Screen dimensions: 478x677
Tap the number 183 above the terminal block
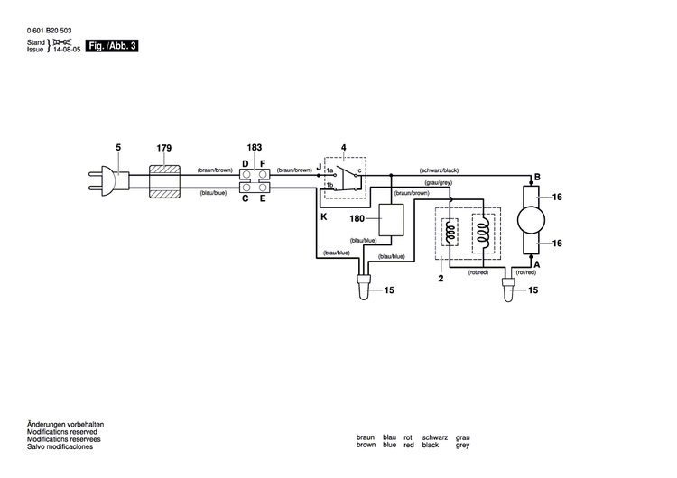[254, 147]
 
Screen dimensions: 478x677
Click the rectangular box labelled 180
[391, 220]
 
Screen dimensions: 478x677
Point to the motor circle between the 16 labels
[529, 219]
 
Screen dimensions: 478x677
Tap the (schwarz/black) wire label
[440, 170]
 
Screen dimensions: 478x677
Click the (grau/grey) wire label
[438, 183]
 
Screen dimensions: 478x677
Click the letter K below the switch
[322, 217]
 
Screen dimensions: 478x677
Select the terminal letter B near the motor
[537, 177]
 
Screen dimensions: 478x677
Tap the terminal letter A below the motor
[537, 264]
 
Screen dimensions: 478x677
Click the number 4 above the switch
[343, 147]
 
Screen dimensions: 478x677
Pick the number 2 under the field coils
[441, 280]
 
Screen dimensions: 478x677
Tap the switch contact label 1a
[330, 170]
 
